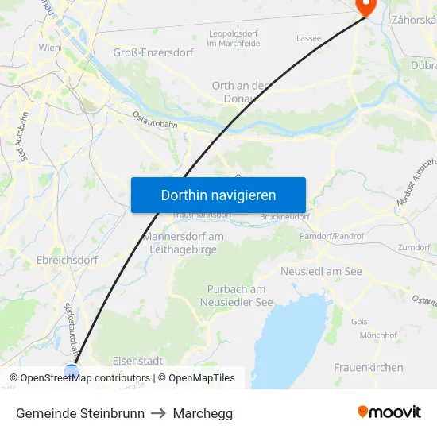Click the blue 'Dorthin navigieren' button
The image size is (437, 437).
click(x=218, y=195)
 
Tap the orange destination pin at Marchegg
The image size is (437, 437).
click(x=365, y=6)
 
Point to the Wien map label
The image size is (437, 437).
click(x=49, y=48)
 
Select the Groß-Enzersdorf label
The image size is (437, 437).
click(x=153, y=52)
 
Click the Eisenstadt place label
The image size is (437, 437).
click(x=138, y=360)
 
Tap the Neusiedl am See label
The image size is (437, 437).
click(x=321, y=271)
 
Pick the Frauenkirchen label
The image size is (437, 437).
click(x=368, y=368)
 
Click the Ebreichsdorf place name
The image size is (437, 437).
click(x=67, y=260)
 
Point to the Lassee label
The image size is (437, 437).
click(x=308, y=37)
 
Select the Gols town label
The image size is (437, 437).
click(x=359, y=322)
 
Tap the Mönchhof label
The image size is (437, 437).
click(x=377, y=335)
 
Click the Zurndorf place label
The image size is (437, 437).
click(x=414, y=248)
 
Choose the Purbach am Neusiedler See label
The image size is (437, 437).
click(x=236, y=295)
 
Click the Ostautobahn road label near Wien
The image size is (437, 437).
click(x=153, y=119)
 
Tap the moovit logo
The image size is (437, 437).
click(x=389, y=412)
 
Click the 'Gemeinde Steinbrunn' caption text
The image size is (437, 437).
click(x=79, y=413)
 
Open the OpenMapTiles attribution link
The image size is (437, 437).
click(x=202, y=378)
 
